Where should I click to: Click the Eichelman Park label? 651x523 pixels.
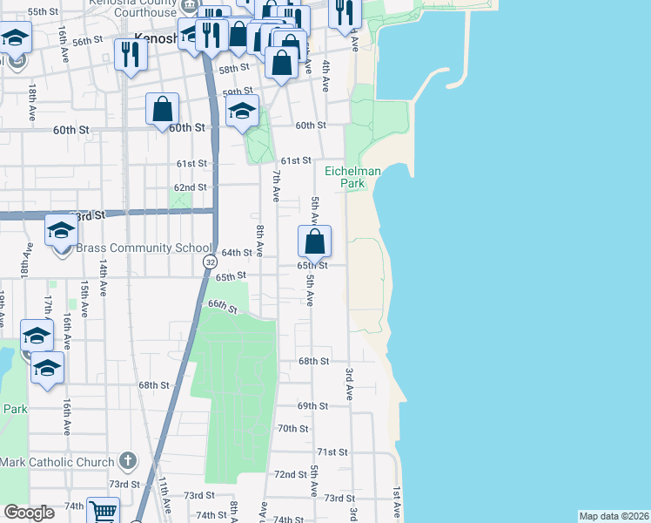tap(352, 178)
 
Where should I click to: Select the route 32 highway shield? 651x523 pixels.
tap(210, 261)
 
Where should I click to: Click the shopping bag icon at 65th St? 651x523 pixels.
tap(315, 241)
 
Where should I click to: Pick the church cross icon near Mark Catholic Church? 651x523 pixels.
tap(127, 459)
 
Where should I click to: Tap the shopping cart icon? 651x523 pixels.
tap(104, 512)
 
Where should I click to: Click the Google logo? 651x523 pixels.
tap(29, 513)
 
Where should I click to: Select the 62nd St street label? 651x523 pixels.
tap(191, 187)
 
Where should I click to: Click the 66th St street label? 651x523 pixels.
tap(222, 306)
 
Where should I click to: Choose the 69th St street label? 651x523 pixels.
tap(312, 406)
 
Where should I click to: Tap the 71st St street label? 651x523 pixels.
tap(332, 452)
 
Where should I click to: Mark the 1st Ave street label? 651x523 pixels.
tap(396, 503)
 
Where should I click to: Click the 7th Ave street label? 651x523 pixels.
tap(275, 187)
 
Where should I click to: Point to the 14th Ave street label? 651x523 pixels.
tap(103, 278)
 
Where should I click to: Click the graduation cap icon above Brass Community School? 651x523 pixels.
tap(61, 229)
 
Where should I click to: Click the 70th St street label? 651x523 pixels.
tap(293, 428)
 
